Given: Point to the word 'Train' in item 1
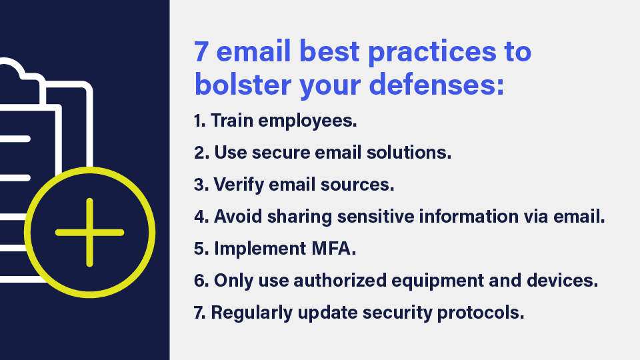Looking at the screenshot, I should [231, 121].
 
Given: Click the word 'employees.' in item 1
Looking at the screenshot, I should [307, 121].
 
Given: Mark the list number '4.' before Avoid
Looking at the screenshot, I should [201, 217].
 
